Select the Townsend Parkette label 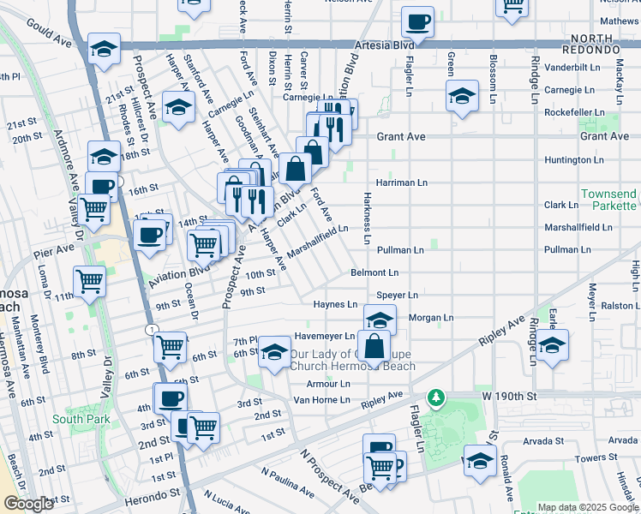(x=608, y=200)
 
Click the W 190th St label (x=508, y=397)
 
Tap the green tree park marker (x=437, y=397)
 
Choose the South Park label (x=81, y=419)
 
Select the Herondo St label (x=156, y=493)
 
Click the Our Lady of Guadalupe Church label (x=351, y=360)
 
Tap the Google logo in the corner (x=28, y=504)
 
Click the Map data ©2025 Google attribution (x=588, y=507)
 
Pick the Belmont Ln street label (x=374, y=272)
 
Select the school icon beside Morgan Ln (x=380, y=319)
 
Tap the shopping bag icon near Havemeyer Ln (x=374, y=347)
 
